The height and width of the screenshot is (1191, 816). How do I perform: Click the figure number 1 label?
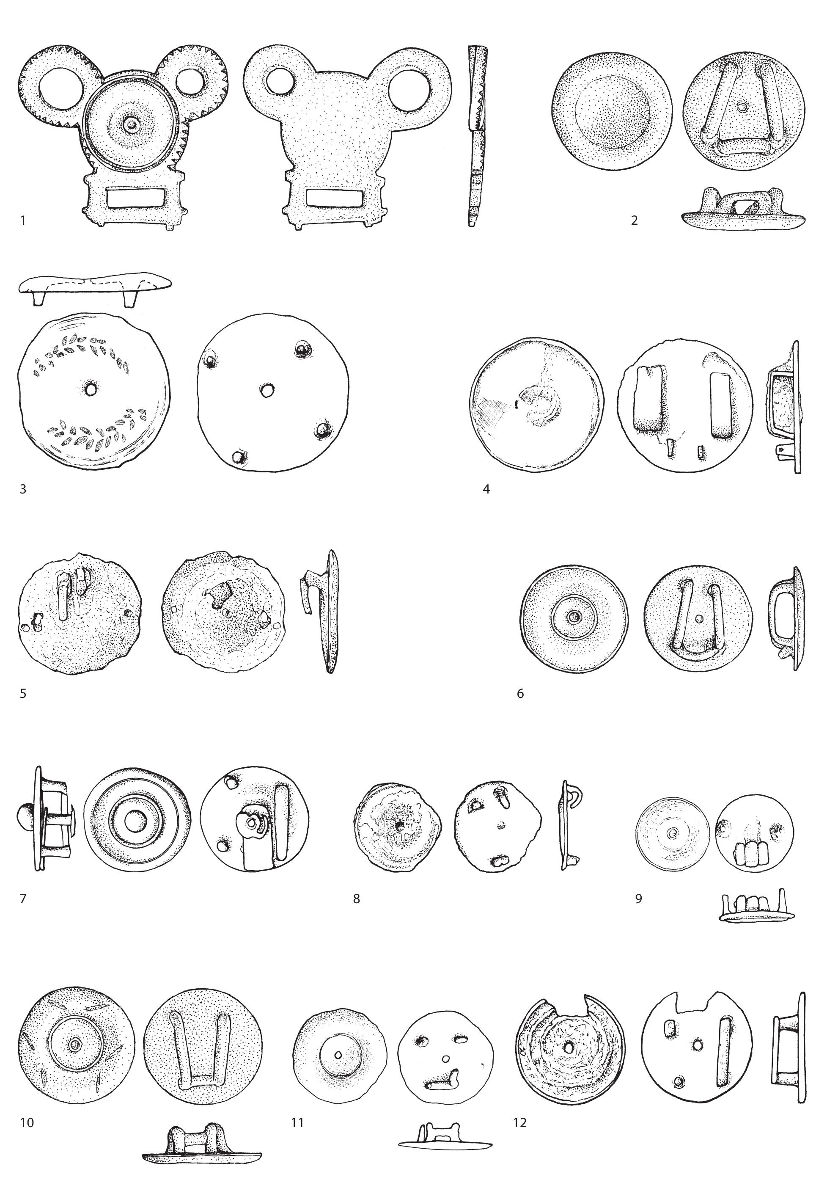click(x=22, y=221)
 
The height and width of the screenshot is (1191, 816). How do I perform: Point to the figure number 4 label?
click(x=486, y=489)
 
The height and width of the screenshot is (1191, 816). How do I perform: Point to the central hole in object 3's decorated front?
click(x=91, y=390)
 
